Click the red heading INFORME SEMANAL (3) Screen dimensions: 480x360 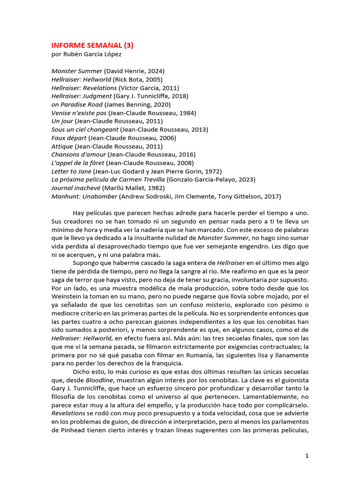click(92, 45)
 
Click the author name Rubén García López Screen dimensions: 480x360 click(88, 54)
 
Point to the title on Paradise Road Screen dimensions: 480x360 click(77, 105)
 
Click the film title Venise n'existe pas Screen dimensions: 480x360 click(79, 113)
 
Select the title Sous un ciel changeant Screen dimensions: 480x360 click(84, 129)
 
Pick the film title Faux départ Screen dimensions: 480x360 click(69, 138)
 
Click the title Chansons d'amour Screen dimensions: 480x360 click(78, 155)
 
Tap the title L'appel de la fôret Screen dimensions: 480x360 click(77, 163)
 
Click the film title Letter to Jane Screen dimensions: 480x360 click(71, 171)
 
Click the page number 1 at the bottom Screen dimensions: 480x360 click(307, 456)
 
